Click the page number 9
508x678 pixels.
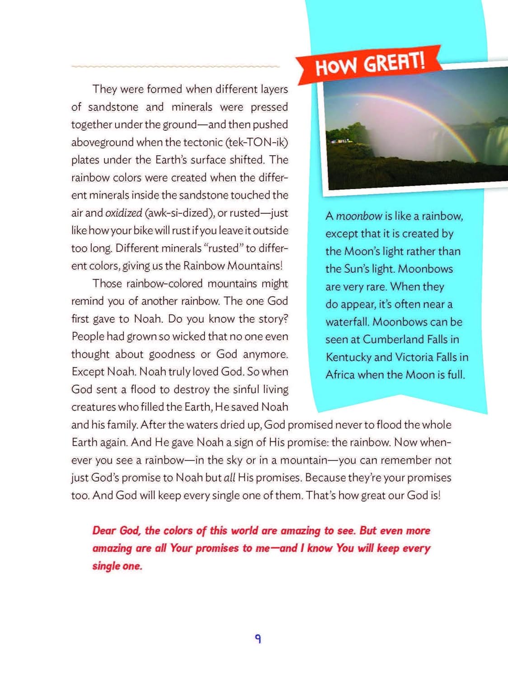coord(258,639)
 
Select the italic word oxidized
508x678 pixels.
coord(123,213)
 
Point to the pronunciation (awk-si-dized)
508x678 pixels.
coord(179,213)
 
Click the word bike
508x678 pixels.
coord(143,231)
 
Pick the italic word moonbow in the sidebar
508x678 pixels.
coord(359,216)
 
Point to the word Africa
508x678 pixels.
coord(340,375)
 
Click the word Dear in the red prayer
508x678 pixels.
coord(104,531)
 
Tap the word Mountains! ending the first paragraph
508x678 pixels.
coord(255,266)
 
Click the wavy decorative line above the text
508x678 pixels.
coord(175,66)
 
